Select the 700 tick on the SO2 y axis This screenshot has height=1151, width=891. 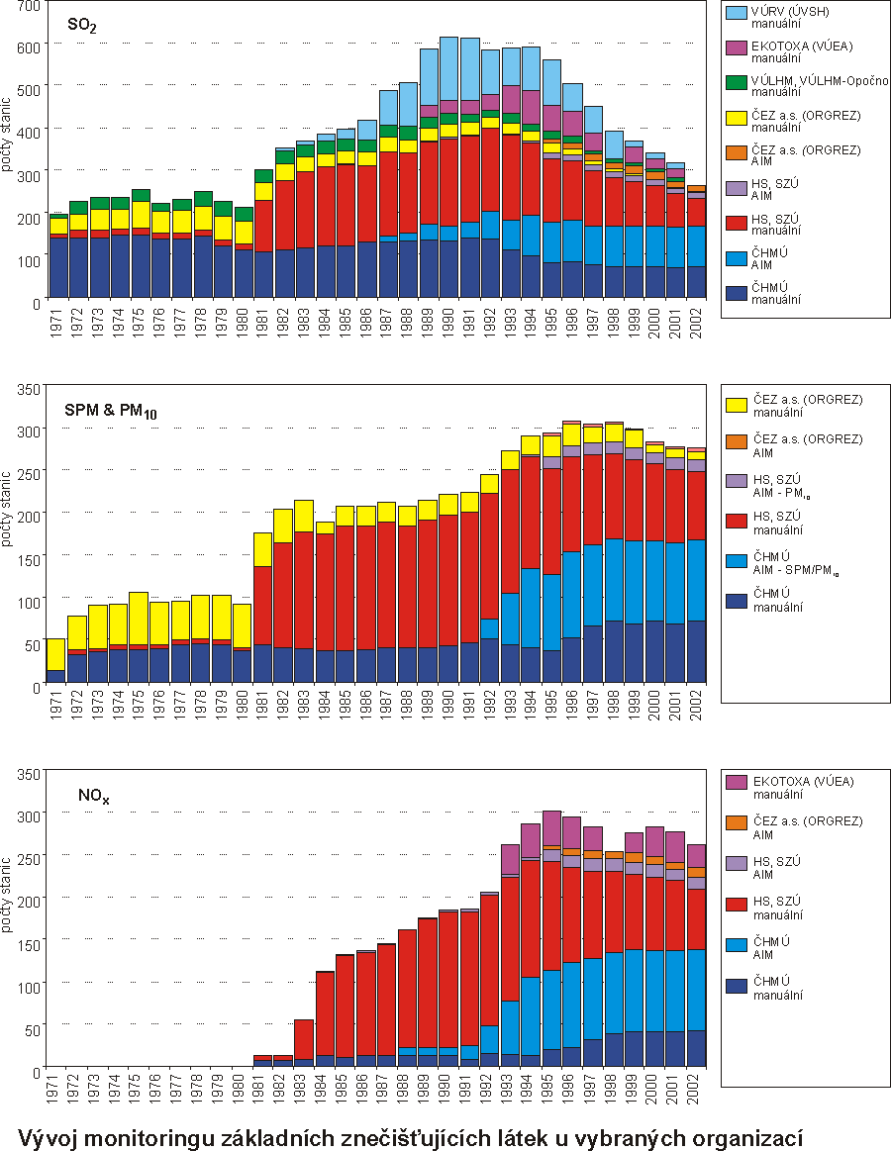tap(28, 6)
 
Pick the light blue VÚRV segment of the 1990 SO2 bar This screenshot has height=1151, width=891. tap(448, 68)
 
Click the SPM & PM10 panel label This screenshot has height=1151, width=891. tap(108, 413)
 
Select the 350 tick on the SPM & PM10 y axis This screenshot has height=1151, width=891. tap(28, 388)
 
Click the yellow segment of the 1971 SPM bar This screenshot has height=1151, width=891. tap(57, 653)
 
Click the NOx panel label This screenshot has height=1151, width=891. tap(94, 795)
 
